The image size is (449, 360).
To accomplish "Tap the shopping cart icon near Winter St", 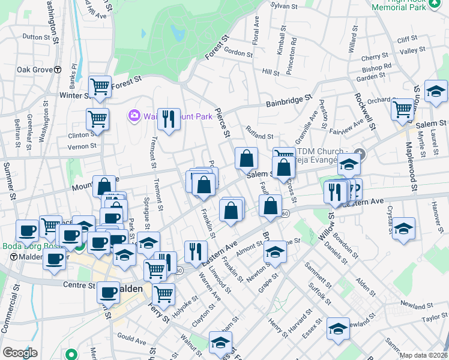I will (x=100, y=86).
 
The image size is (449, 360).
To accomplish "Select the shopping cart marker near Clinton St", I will (x=97, y=118).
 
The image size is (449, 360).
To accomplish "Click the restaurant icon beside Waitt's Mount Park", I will (x=169, y=118).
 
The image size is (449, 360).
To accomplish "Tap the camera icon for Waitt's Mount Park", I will (x=133, y=115).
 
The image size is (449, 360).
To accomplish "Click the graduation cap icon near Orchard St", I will (x=435, y=91).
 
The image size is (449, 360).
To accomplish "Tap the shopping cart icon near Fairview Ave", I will (x=402, y=109).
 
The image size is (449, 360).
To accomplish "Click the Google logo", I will (x=20, y=352).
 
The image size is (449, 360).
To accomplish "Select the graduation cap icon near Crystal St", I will (x=404, y=229).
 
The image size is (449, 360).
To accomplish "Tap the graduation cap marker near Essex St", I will (x=338, y=329).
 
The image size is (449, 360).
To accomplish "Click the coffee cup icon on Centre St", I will (x=108, y=292).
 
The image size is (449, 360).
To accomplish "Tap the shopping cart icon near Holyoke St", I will (x=163, y=295).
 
